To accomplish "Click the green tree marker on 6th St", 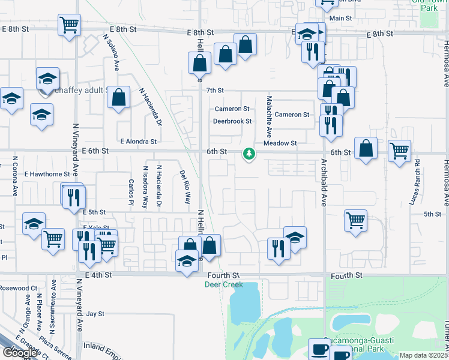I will click(249, 155).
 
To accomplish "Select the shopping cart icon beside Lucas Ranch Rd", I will click(399, 151).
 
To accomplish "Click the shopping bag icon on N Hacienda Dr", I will click(119, 97).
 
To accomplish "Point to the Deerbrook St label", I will click(232, 121).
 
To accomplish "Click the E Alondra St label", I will click(138, 142).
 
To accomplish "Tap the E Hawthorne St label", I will click(47, 174).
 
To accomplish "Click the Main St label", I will click(340, 19).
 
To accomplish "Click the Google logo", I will click(20, 353).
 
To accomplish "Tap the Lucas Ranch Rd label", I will click(414, 182).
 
